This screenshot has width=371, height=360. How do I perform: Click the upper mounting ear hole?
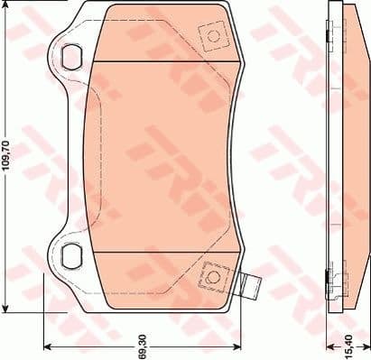click(x=70, y=55)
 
